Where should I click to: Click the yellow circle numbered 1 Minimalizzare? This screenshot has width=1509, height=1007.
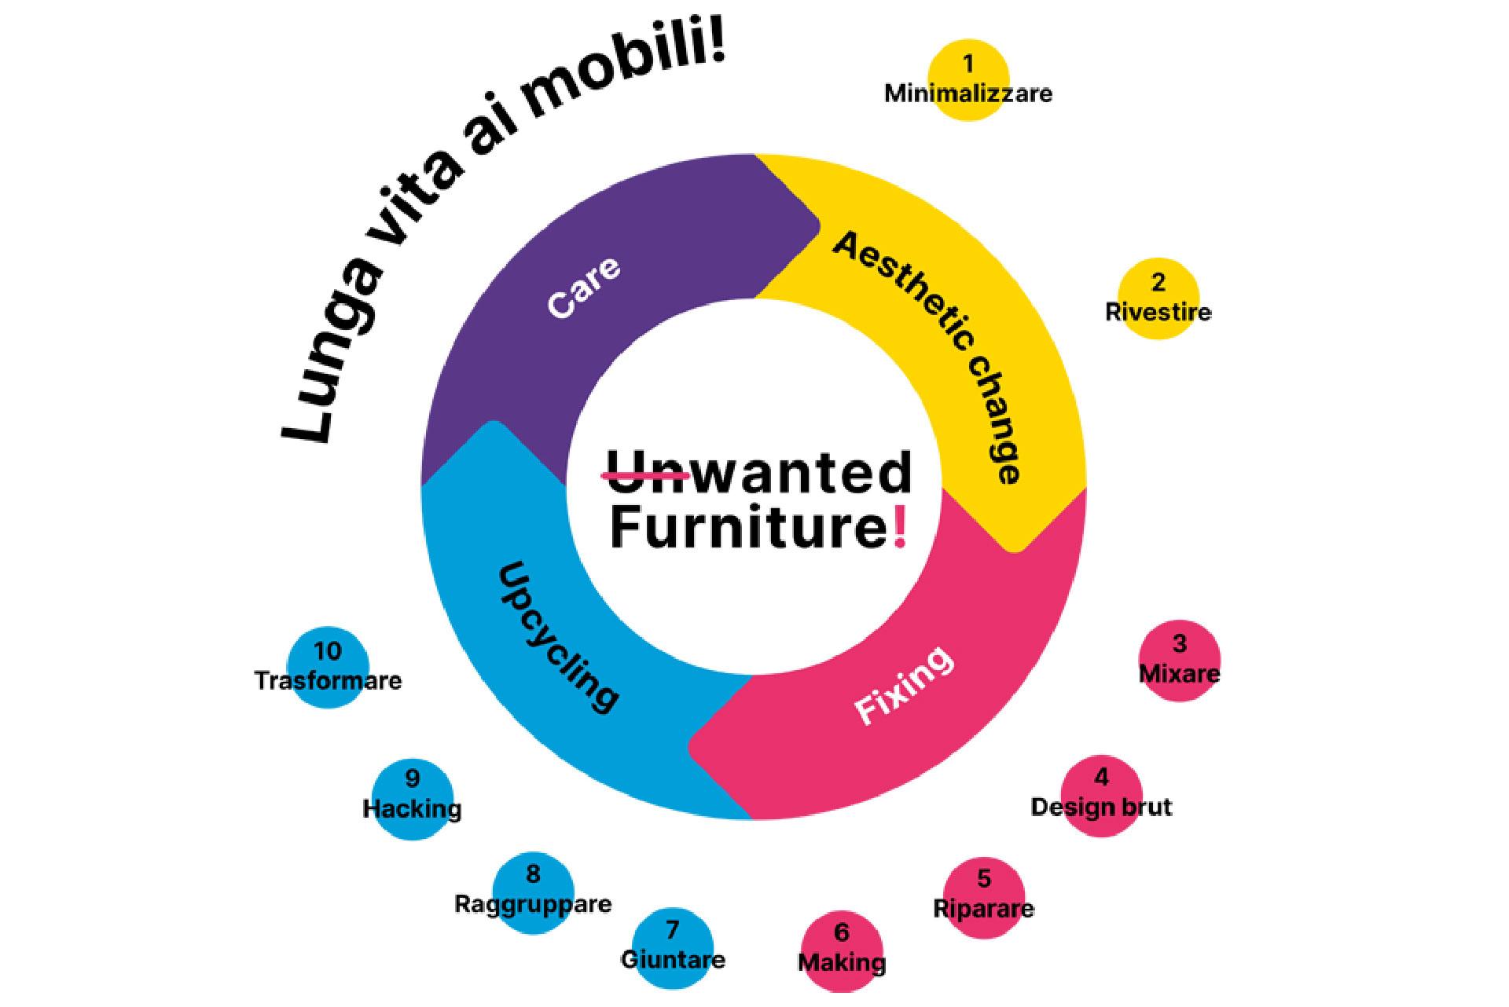967,80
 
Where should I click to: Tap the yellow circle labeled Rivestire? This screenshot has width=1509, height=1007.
1158,298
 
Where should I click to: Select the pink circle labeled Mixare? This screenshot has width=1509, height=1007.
1179,661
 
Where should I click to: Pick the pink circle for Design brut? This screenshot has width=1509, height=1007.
1101,796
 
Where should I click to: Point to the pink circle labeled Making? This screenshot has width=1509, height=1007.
842,950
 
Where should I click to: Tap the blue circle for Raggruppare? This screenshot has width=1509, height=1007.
533,892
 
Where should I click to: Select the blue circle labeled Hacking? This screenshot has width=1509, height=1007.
413,798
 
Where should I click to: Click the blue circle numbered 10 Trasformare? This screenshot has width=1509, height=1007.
328,668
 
